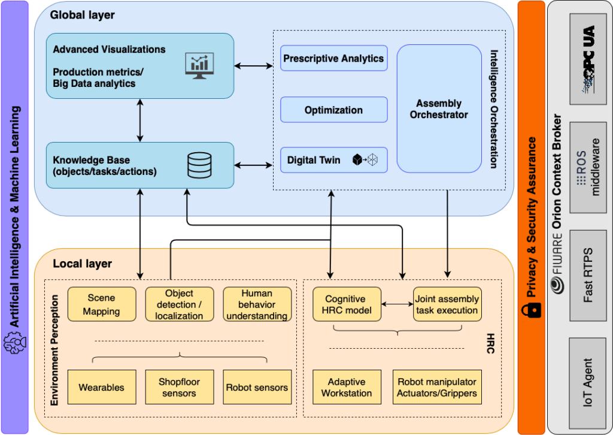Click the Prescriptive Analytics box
coord(334,58)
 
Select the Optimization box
coord(334,110)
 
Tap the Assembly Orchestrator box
coord(439,109)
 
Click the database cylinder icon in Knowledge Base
coord(199,165)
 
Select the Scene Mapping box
coord(102,304)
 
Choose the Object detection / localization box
coord(180,304)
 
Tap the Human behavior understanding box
coord(257,304)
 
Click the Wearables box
coord(102,387)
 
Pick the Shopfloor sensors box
coord(180,387)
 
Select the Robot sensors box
coord(257,387)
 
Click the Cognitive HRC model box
coord(347,304)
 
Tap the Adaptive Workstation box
coord(347,387)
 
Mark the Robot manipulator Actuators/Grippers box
coord(437,387)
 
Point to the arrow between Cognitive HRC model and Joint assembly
coord(397,304)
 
